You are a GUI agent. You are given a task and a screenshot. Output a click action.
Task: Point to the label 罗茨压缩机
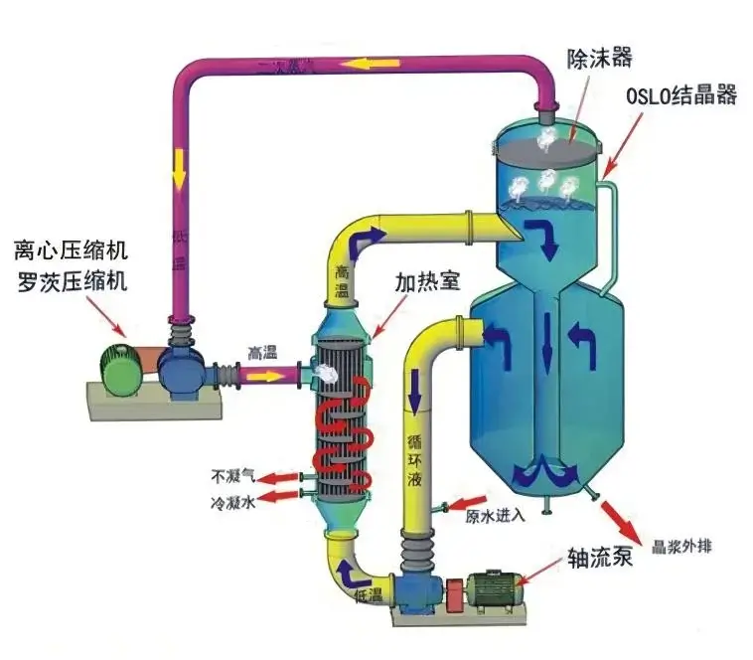(71, 281)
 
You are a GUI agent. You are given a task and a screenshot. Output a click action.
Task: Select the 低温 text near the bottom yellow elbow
(369, 595)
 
